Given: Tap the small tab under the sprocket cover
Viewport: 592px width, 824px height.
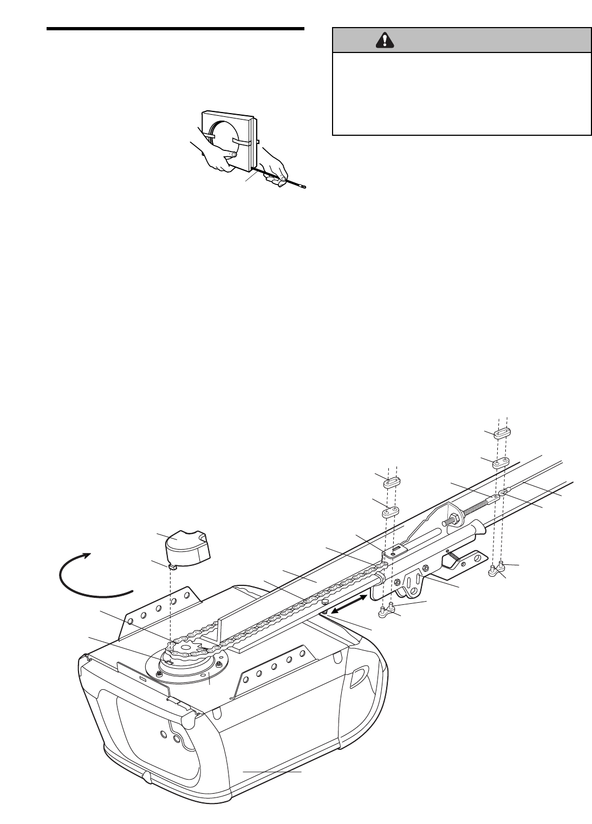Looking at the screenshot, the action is click(173, 566).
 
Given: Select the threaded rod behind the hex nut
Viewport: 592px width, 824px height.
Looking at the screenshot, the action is click(477, 509).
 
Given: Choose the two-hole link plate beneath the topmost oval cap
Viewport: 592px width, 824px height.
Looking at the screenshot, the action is click(499, 462).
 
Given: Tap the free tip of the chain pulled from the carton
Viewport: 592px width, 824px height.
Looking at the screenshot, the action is click(304, 187).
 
